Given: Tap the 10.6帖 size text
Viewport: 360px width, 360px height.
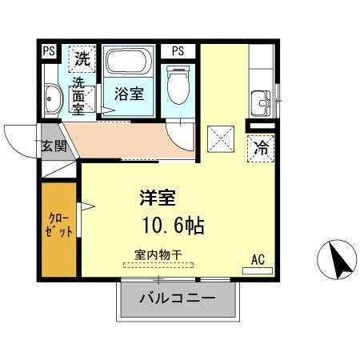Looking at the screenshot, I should (172, 225).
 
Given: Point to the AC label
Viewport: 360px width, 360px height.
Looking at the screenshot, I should (258, 258).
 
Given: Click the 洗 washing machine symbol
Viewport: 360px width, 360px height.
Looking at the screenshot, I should (82, 58).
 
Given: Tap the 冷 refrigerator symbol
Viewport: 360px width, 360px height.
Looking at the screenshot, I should (261, 147).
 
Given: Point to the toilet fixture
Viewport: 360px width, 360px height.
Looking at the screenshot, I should (177, 84).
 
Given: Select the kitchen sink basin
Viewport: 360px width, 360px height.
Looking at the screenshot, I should (261, 102).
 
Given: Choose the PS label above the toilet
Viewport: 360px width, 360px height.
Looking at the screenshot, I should (177, 51).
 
